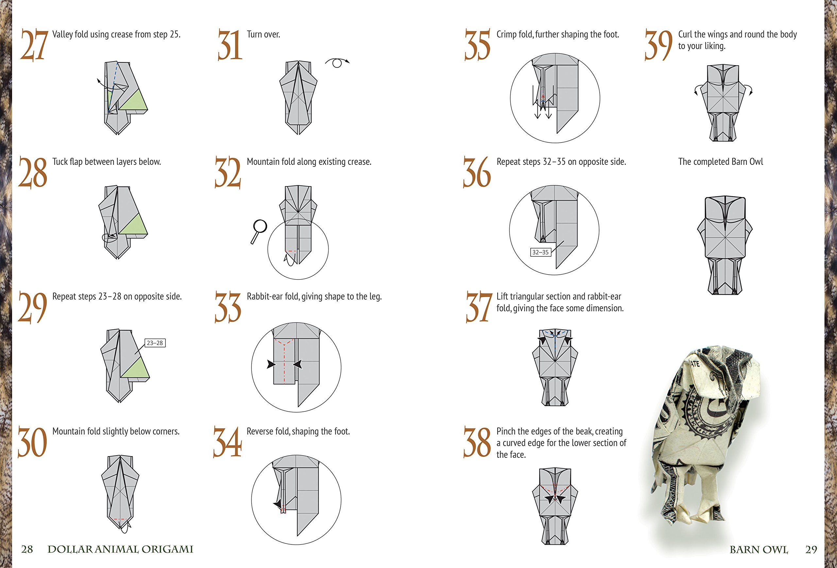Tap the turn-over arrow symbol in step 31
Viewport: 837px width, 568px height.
[337, 63]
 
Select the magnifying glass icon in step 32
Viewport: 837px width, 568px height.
[259, 231]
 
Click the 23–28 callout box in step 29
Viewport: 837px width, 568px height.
[155, 343]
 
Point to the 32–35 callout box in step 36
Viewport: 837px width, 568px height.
[540, 252]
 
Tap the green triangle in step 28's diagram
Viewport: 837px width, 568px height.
[134, 226]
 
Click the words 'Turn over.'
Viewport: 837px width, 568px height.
[263, 35]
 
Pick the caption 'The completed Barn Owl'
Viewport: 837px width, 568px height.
[720, 162]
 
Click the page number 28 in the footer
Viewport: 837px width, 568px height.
[27, 549]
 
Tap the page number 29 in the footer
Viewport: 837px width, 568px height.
[811, 550]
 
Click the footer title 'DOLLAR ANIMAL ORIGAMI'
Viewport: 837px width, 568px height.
[120, 549]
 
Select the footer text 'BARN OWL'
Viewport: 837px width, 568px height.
[759, 550]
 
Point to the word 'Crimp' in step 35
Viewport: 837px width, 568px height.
[506, 35]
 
